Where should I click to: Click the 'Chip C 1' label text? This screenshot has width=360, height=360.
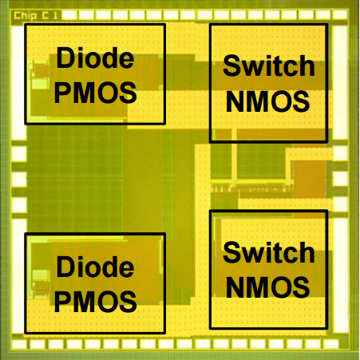pyautogui.click(x=36, y=16)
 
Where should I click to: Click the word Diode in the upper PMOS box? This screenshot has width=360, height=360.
pyautogui.click(x=95, y=57)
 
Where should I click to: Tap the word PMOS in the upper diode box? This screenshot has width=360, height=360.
pyautogui.click(x=96, y=93)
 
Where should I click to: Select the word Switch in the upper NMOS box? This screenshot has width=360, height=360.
pyautogui.click(x=269, y=65)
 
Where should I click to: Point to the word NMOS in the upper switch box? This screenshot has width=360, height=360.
pyautogui.click(x=267, y=101)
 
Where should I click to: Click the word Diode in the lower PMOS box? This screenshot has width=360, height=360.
pyautogui.click(x=95, y=267)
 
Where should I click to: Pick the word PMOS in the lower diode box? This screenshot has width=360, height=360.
pyautogui.click(x=96, y=302)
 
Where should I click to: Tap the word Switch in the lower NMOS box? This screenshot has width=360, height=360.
pyautogui.click(x=269, y=253)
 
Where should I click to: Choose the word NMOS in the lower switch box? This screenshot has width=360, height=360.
pyautogui.click(x=267, y=287)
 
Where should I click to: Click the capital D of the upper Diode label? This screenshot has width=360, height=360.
pyautogui.click(x=65, y=57)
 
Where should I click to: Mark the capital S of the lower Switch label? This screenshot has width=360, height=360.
pyautogui.click(x=231, y=253)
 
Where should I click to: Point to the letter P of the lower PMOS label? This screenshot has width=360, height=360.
pyautogui.click(x=62, y=302)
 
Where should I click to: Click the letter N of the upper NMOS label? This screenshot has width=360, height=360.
pyautogui.click(x=235, y=101)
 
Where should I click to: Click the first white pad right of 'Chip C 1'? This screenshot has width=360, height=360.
pyautogui.click(x=69, y=15)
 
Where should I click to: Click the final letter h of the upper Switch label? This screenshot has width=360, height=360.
pyautogui.click(x=307, y=65)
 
